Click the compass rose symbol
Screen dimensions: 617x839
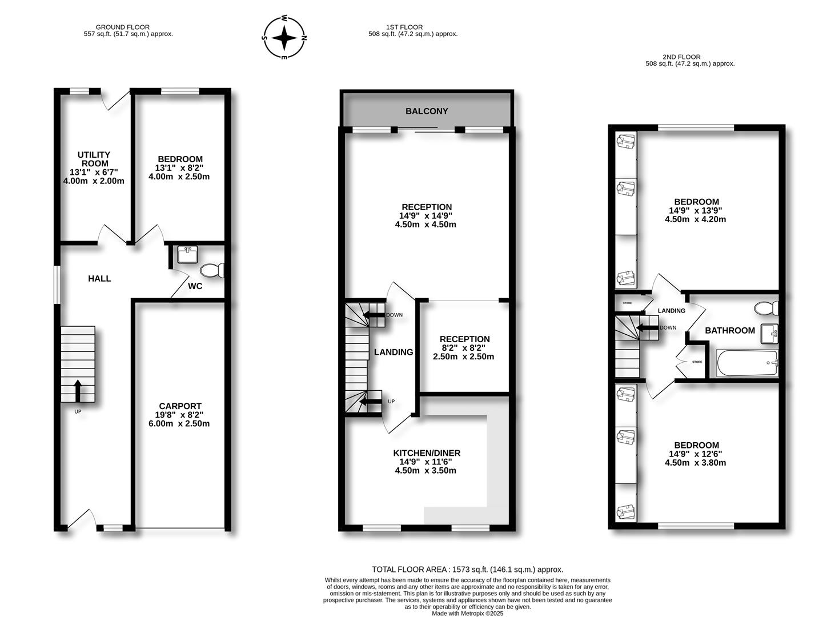(284, 38)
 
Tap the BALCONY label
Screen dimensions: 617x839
(427, 111)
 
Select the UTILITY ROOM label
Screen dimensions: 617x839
(94, 159)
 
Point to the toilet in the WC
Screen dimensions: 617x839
(213, 270)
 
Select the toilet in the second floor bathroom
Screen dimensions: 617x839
(765, 308)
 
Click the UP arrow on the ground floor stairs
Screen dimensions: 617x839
(78, 391)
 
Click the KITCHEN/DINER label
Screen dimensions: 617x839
(427, 453)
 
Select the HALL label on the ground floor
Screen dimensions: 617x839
(99, 279)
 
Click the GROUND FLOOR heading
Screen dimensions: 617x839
(122, 27)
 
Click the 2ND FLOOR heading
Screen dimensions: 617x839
(681, 57)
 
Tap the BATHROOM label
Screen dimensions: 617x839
(729, 330)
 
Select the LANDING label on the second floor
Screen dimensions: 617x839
(671, 311)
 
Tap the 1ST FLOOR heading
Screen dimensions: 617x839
(404, 27)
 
